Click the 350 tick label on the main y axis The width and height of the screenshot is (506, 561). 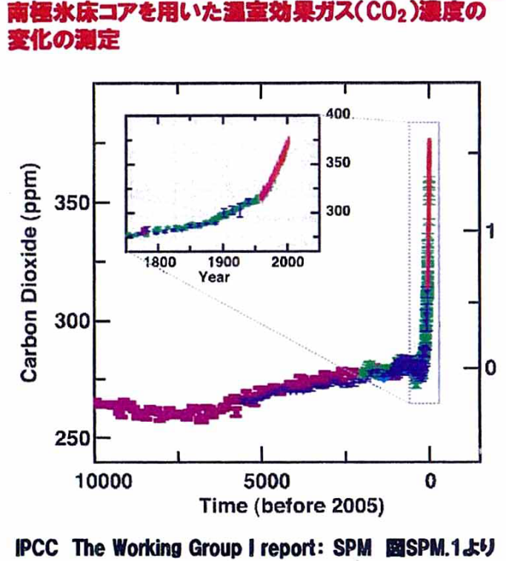70,203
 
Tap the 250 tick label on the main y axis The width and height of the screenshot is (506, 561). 70,437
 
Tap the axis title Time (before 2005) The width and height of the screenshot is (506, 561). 291,506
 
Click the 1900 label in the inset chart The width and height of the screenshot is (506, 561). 223,263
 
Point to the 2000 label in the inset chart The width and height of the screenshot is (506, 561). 287,263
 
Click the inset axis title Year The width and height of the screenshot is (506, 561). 214,277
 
